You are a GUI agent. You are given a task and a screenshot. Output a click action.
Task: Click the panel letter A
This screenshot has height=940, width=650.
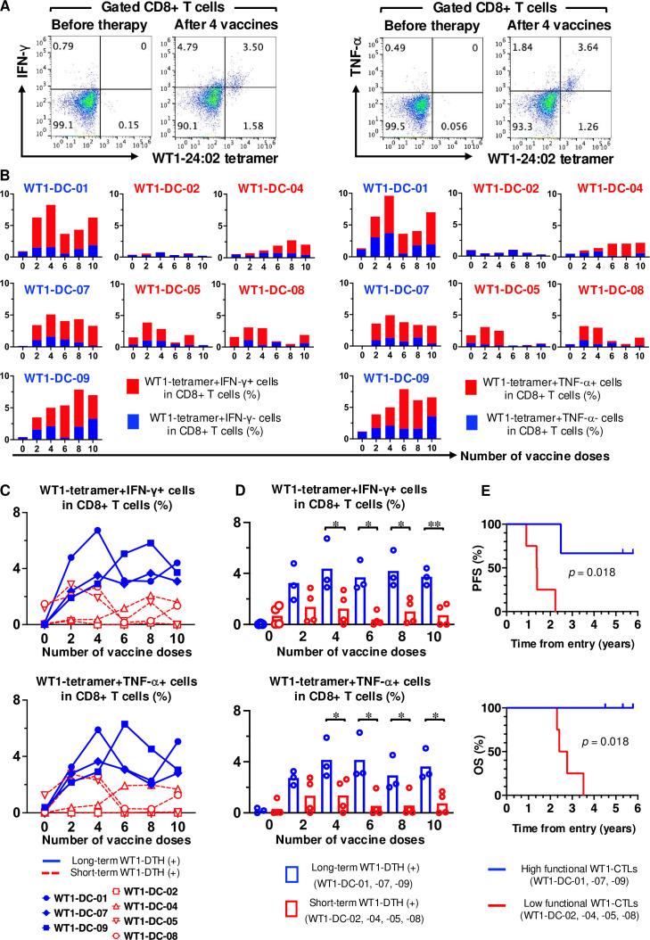(x=8, y=9)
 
